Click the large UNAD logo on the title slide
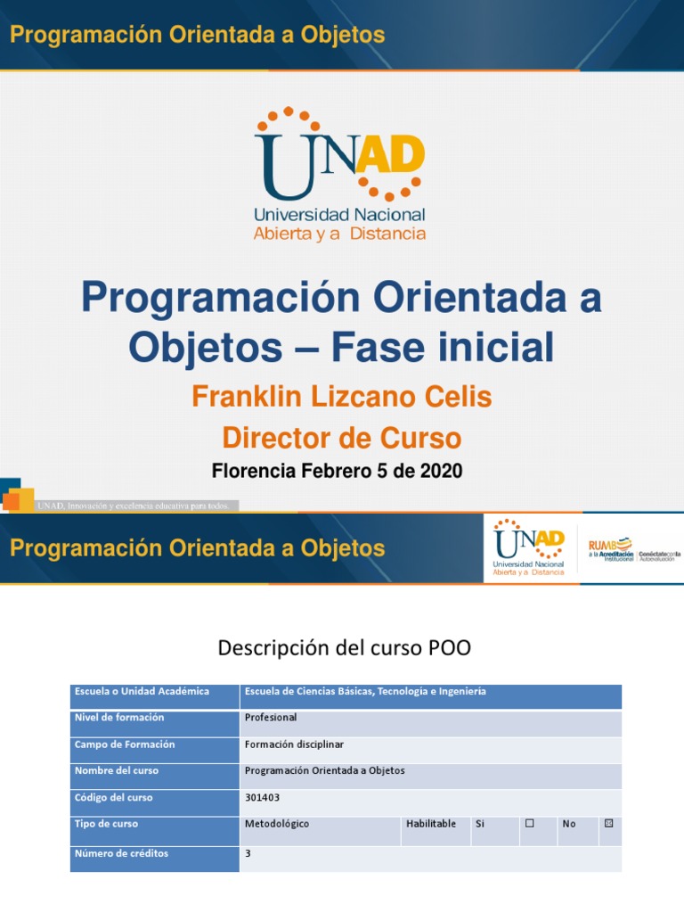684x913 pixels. click(339, 174)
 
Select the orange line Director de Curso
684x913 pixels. click(342, 438)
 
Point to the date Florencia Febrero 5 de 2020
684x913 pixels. click(338, 471)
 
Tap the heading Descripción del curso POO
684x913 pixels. click(344, 648)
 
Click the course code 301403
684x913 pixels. click(262, 798)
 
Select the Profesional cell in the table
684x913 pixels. click(271, 718)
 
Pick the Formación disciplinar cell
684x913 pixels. click(293, 744)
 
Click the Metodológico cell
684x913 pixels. click(277, 824)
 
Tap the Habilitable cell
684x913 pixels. click(431, 824)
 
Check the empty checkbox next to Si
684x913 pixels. click(529, 824)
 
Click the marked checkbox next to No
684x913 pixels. click(609, 824)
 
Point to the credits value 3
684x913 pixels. click(248, 854)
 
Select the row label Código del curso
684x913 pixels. click(114, 798)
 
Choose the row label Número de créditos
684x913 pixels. click(121, 854)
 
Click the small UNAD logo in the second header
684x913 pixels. click(530, 547)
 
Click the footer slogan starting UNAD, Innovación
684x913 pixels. click(134, 506)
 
